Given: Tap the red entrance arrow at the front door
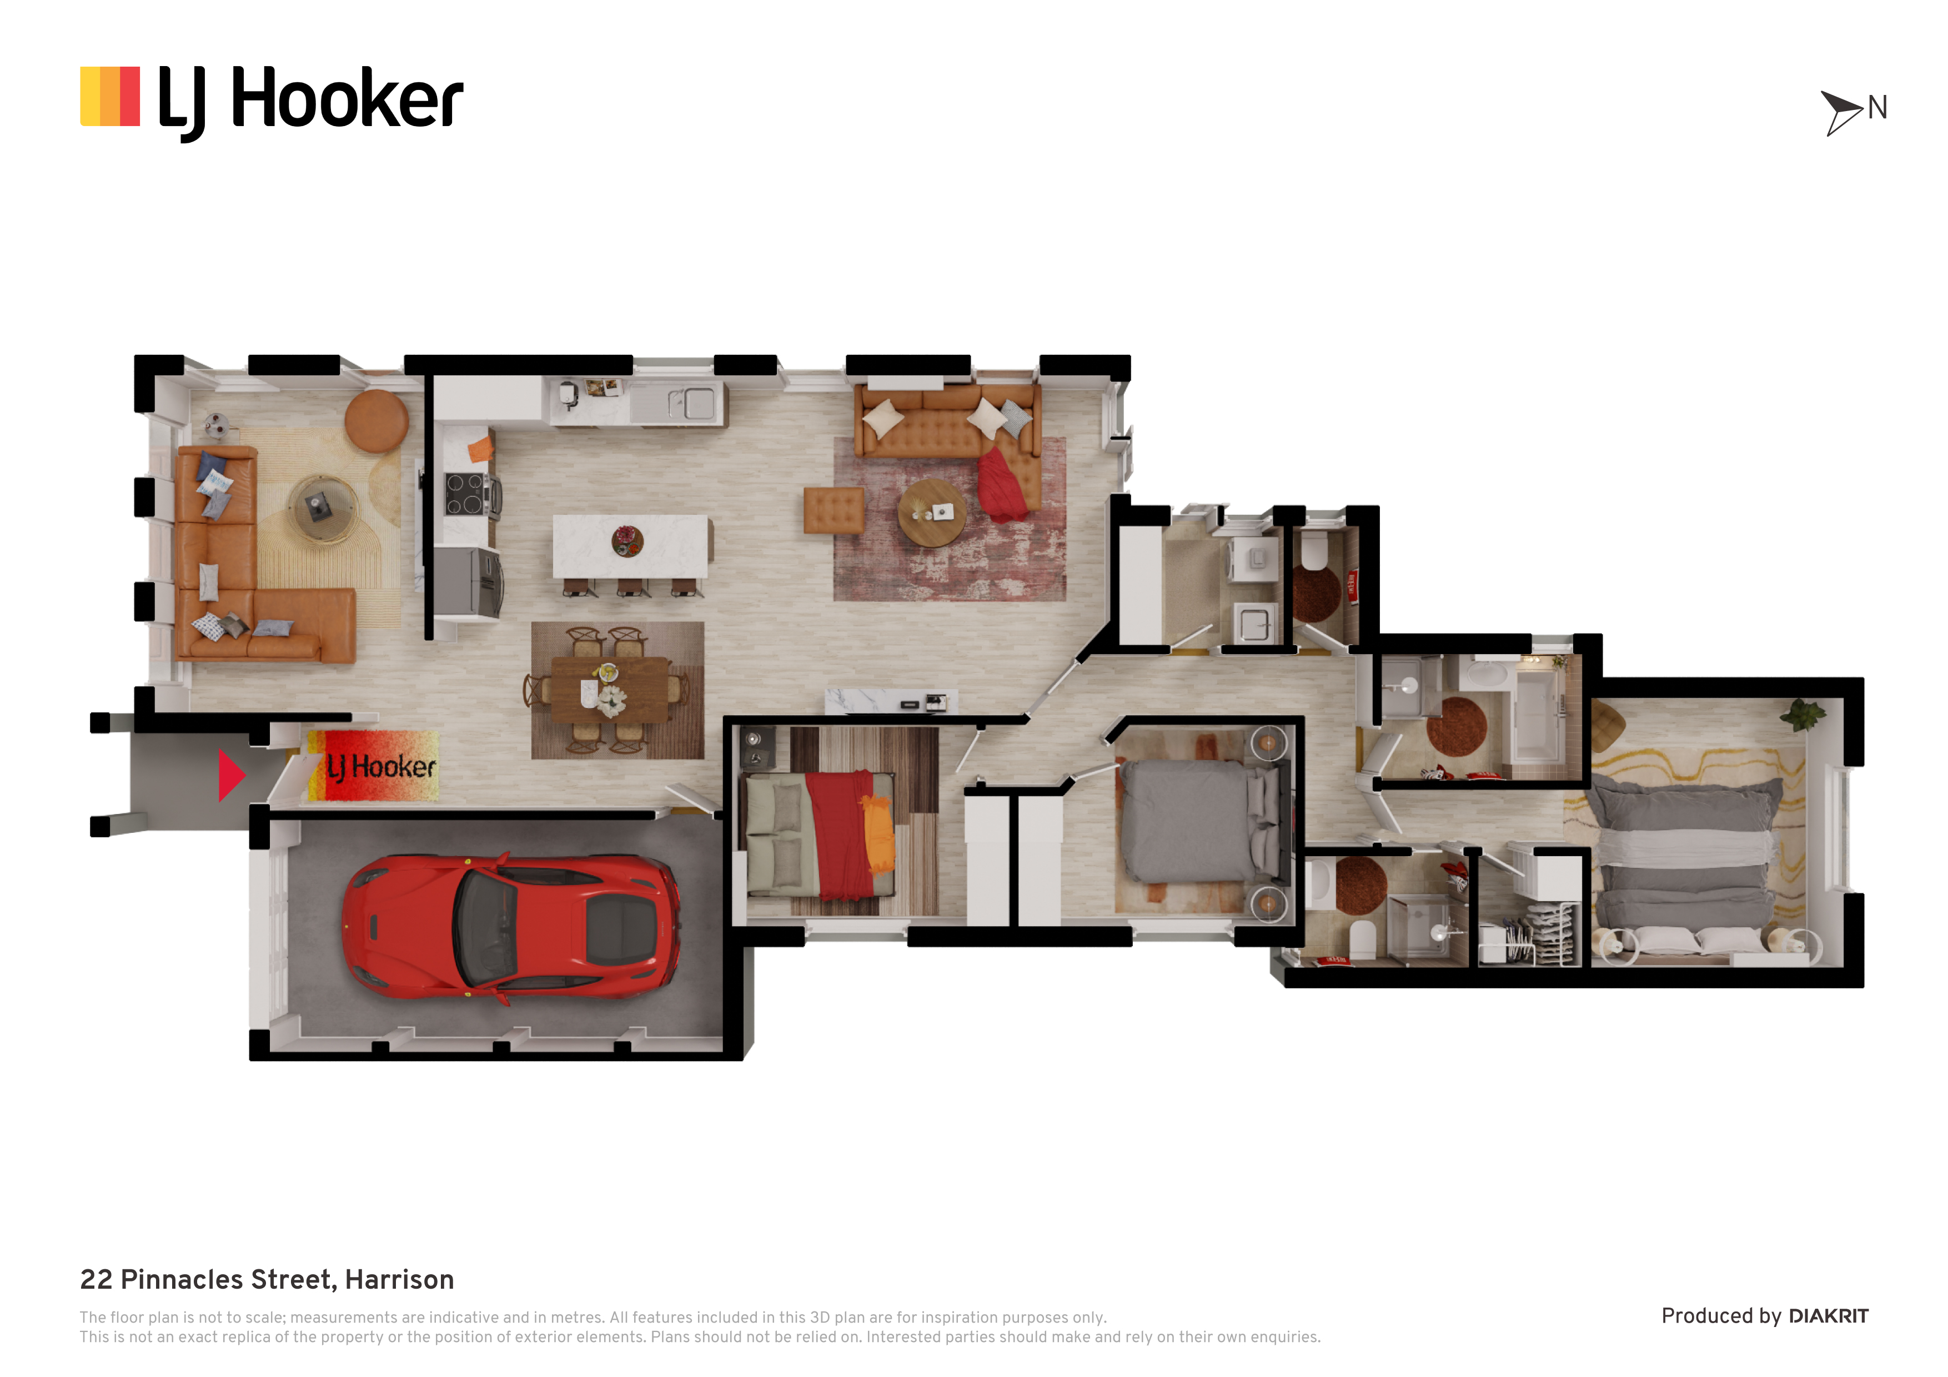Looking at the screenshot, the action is pyautogui.click(x=231, y=775).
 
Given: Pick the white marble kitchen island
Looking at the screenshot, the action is pyautogui.click(x=630, y=546).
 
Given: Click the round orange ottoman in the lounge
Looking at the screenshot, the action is pyautogui.click(x=376, y=421).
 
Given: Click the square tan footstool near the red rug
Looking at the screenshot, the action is pyautogui.click(x=834, y=510).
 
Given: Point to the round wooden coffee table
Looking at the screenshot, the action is pyautogui.click(x=932, y=512).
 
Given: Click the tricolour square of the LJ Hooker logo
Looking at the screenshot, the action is pyautogui.click(x=111, y=96).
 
